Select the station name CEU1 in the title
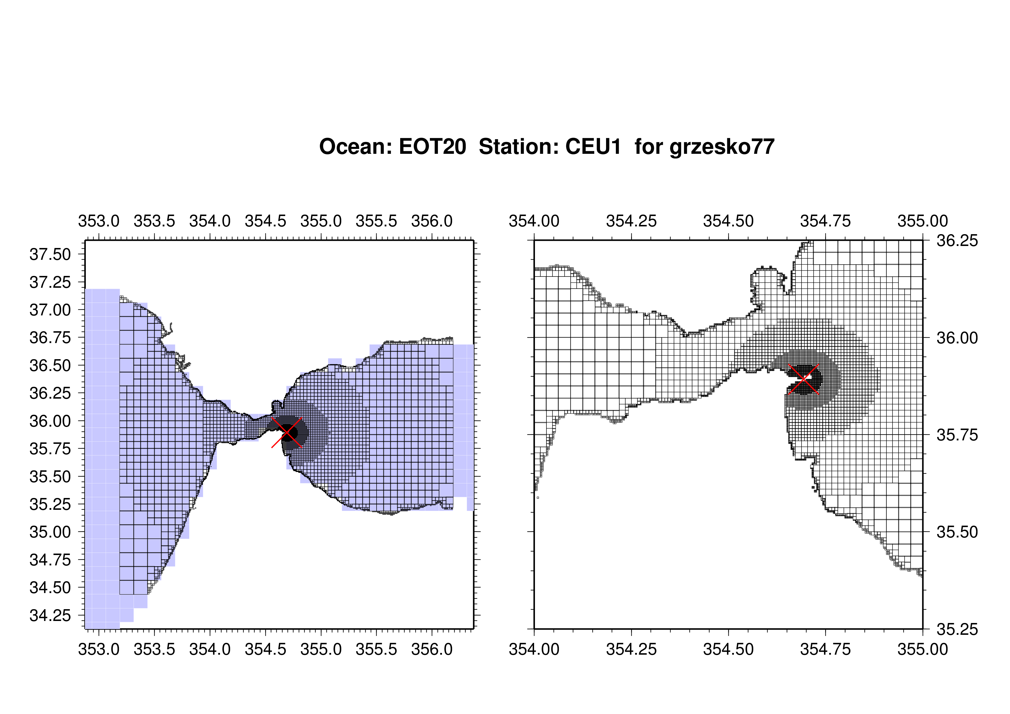[593, 147]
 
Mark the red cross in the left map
[287, 432]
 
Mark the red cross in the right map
[804, 379]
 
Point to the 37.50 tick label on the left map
[50, 254]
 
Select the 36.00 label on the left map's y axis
[50, 421]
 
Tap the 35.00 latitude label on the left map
[50, 532]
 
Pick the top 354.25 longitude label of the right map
[631, 221]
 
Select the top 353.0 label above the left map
[99, 221]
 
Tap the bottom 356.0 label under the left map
[432, 649]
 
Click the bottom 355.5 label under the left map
[377, 649]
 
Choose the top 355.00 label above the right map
[923, 221]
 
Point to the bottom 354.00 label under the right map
[534, 649]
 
